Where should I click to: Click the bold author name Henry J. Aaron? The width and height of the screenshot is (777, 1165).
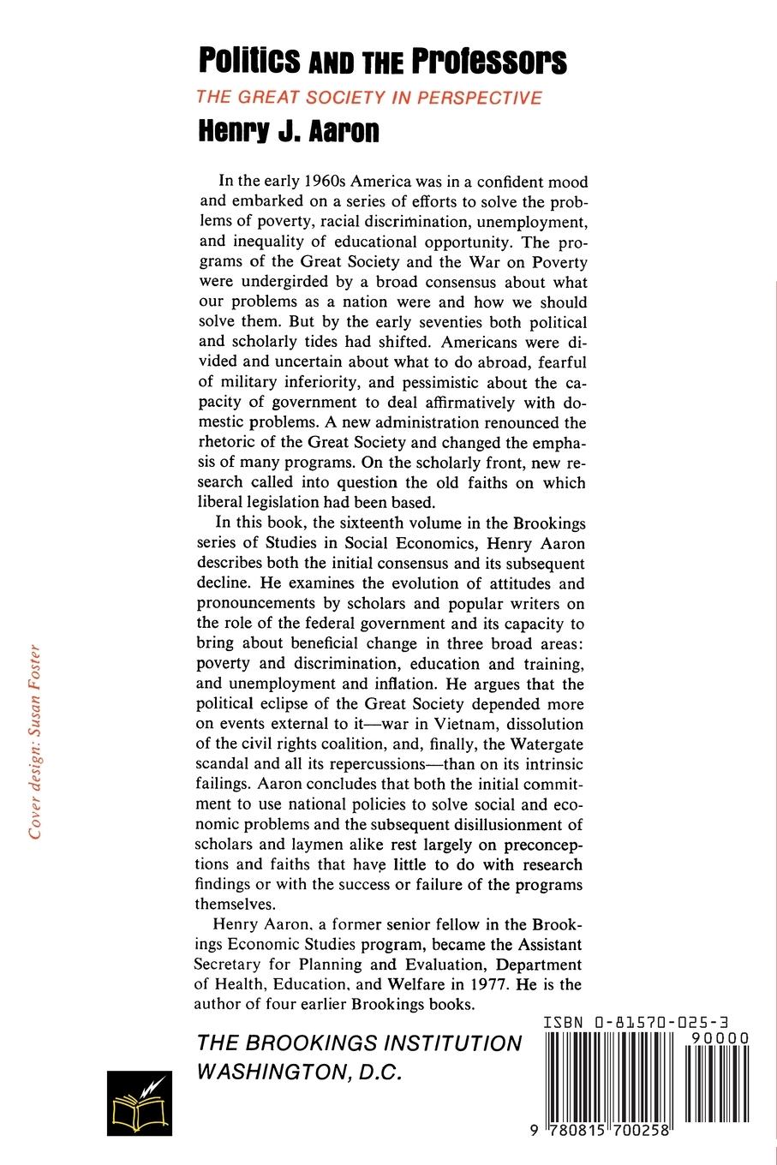click(x=288, y=132)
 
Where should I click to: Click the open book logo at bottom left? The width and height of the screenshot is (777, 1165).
click(x=139, y=1103)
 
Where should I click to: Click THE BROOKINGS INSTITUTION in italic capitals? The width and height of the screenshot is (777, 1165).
click(x=359, y=1043)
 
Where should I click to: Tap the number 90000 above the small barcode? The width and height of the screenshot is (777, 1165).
click(x=717, y=1037)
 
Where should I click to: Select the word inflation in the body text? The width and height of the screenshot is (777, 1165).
click(x=406, y=684)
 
